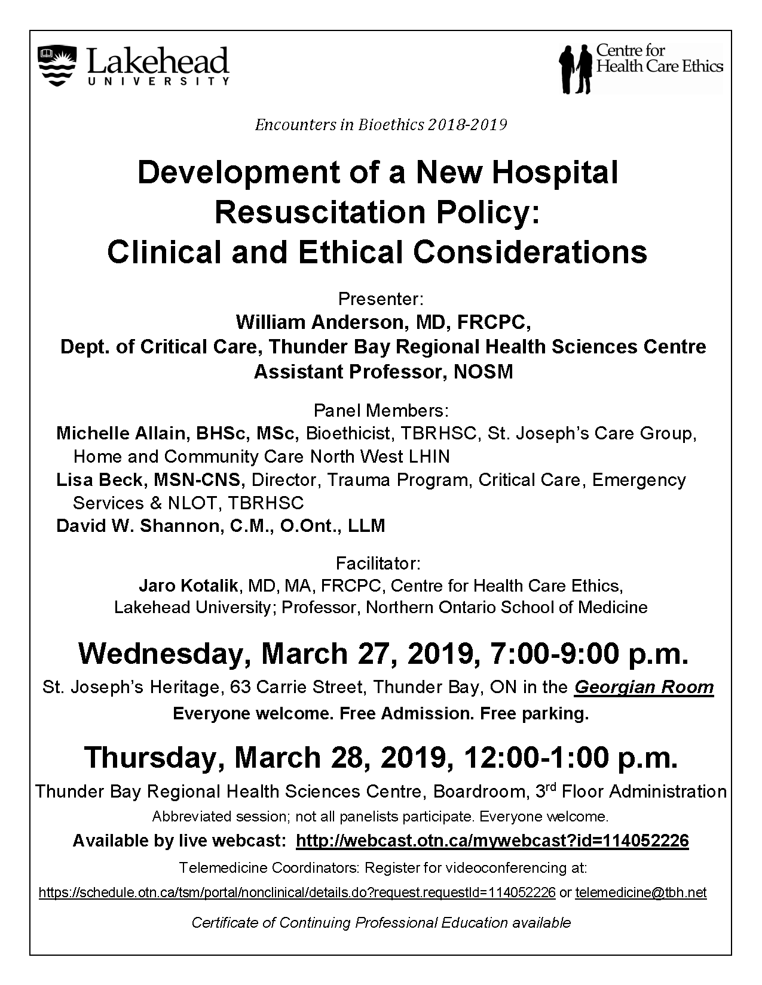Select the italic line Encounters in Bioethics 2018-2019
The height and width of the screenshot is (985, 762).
coord(381,125)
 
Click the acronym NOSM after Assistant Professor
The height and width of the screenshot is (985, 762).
coord(483,371)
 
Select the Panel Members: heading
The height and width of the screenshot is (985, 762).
coord(381,411)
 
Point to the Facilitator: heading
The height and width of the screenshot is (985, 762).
coord(378,564)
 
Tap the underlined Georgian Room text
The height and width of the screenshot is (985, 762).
coord(644,688)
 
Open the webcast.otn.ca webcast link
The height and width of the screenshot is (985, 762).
coord(492,841)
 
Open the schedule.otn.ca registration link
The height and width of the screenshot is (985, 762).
coord(297,893)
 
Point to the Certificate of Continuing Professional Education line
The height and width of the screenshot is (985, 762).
coord(381,922)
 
